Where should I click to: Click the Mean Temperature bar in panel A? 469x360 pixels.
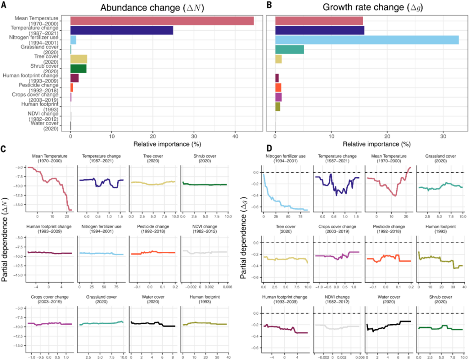[162, 21]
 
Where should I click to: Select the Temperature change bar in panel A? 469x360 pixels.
[121, 30]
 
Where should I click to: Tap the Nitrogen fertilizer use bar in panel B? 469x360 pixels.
[366, 40]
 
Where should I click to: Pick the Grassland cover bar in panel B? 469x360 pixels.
[289, 49]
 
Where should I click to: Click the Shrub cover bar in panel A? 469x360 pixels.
[78, 69]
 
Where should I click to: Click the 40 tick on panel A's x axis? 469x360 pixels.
[235, 136]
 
